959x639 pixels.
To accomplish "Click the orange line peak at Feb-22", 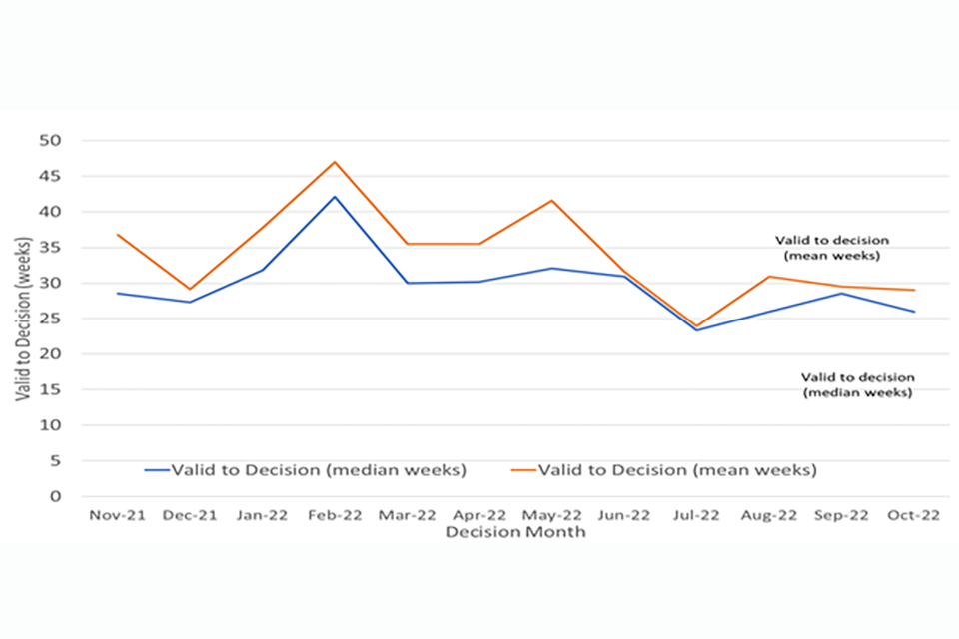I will [335, 162].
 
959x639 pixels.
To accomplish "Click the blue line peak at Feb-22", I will [335, 197].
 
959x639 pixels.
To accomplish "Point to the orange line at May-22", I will [551, 201].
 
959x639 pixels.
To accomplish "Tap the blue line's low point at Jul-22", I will [696, 330].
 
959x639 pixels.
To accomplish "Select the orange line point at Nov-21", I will [118, 235].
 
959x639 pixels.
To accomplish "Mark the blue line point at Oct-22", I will [914, 312].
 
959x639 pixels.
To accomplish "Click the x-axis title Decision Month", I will [515, 532].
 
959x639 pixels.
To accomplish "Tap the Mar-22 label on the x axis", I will [407, 515].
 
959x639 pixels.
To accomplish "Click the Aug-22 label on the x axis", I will [768, 515].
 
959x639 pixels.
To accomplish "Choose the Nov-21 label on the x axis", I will [118, 515].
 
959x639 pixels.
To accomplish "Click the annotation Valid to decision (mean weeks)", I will [831, 248].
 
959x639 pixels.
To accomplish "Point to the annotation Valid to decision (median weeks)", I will [857, 385].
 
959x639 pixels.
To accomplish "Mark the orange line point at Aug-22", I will [769, 277].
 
